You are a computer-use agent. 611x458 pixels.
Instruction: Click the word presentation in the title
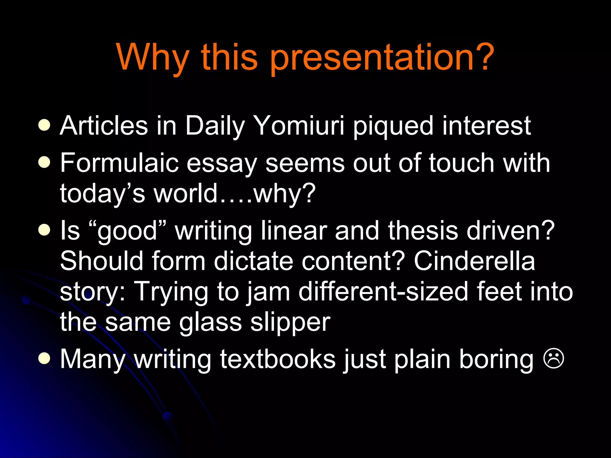click(x=371, y=58)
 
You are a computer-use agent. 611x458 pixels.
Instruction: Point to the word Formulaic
click(x=119, y=163)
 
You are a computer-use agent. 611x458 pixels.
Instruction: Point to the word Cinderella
click(x=474, y=261)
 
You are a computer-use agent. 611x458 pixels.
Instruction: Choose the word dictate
click(x=253, y=261)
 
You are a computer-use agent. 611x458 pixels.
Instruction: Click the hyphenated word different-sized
click(x=383, y=292)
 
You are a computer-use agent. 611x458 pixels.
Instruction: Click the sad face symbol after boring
click(x=554, y=359)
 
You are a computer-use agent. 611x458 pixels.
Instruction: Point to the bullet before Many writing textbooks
click(x=44, y=358)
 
